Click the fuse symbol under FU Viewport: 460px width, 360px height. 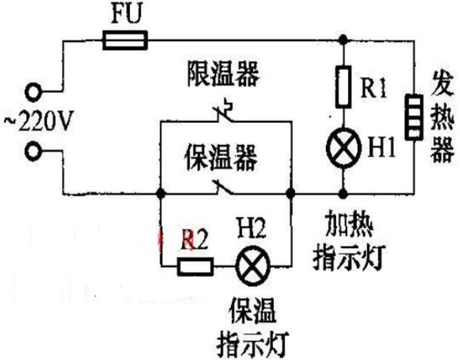125,40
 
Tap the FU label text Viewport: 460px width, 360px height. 127,14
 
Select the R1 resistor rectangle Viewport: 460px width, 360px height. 343,87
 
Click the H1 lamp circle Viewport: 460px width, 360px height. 344,148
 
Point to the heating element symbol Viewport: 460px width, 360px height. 414,117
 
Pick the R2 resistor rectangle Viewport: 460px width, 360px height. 195,267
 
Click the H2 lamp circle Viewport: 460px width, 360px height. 253,266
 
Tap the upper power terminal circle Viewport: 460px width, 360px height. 33,92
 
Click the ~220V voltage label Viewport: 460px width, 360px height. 38,120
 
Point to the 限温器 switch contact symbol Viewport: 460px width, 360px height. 225,112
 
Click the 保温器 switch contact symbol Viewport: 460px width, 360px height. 222,187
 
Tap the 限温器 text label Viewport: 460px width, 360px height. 223,74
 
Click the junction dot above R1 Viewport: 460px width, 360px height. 343,39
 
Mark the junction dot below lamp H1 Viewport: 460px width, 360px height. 343,194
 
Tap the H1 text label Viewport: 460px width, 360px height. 382,148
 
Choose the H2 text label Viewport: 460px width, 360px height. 252,228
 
